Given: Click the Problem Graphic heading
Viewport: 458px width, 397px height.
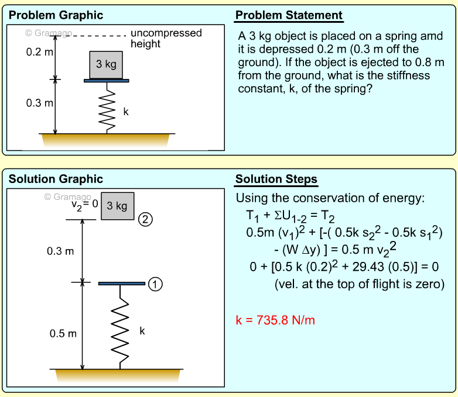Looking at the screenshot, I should tap(56, 15).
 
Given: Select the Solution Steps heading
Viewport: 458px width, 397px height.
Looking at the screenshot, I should tap(276, 179).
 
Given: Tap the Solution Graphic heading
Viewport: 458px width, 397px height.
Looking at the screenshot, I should tap(56, 179).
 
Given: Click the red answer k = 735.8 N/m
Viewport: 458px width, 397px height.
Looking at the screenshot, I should tap(276, 320).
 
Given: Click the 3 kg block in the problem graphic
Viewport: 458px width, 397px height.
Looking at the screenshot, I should tap(106, 64).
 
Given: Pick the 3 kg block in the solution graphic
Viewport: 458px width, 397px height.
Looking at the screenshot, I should tap(117, 206).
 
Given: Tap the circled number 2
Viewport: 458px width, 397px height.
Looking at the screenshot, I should tap(145, 220).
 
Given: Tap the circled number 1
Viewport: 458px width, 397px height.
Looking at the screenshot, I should tap(155, 284).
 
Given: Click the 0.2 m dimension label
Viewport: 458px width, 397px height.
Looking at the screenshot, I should tap(40, 53).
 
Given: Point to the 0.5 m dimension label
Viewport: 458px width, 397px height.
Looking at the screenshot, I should tap(63, 334).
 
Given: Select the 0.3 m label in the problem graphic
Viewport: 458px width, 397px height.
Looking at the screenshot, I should tap(40, 103).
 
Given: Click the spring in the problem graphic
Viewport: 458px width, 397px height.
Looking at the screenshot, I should tap(107, 108).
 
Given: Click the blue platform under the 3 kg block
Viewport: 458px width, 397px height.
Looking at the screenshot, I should tap(107, 81).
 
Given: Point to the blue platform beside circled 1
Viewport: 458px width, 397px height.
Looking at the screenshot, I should tap(121, 284).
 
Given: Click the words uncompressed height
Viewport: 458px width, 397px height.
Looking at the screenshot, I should tap(165, 38).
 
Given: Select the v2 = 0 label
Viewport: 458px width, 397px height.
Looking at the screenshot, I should tap(84, 205).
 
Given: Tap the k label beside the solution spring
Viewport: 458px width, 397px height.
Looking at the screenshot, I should tap(142, 331).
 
